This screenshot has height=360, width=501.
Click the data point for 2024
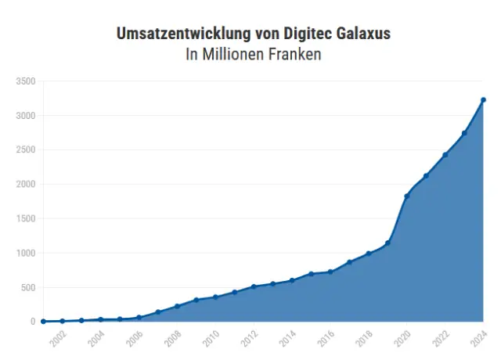coord(483,99)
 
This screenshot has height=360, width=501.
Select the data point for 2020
coord(406,196)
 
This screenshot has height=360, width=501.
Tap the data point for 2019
coord(387,243)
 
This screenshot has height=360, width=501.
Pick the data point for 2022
coord(445,155)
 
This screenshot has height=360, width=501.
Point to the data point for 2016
coord(330,272)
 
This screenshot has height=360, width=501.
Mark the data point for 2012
coord(254,286)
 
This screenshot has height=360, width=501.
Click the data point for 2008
coord(177,306)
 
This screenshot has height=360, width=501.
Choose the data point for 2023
coord(464,133)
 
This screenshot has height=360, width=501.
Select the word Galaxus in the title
coord(359,34)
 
